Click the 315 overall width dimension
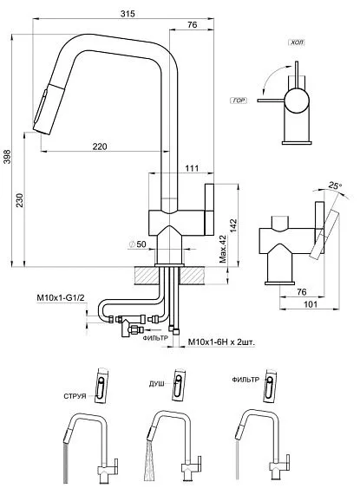[x=128, y=14]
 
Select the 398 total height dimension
[x=7, y=157]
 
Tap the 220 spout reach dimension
[x=100, y=146]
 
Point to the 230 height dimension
[x=19, y=200]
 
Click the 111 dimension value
[x=192, y=168]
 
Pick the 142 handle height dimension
[x=233, y=225]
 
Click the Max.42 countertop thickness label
[x=223, y=249]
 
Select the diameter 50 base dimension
[x=137, y=244]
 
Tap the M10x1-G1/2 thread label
[x=61, y=298]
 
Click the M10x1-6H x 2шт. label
[x=221, y=342]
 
